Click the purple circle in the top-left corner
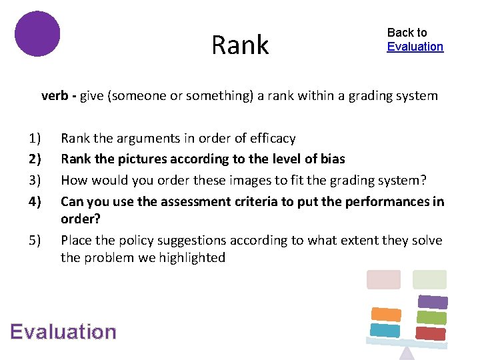point(37,33)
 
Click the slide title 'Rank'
point(240,45)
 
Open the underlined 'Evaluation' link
point(415,47)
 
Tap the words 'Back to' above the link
point(407,32)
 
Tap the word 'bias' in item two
point(332,159)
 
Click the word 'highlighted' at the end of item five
point(193,257)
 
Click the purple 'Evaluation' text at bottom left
point(63,331)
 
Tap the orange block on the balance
point(385,314)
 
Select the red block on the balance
point(430,333)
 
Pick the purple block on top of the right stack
point(432,302)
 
